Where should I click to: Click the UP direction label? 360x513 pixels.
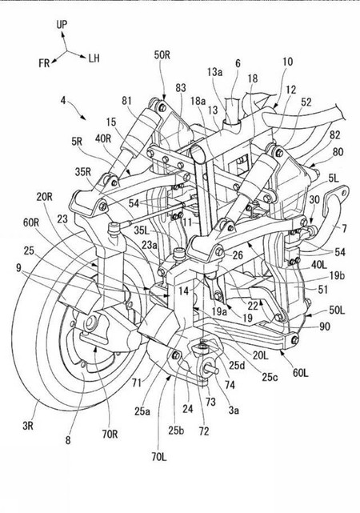[x=62, y=26]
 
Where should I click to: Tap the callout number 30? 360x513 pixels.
[x=314, y=199]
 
